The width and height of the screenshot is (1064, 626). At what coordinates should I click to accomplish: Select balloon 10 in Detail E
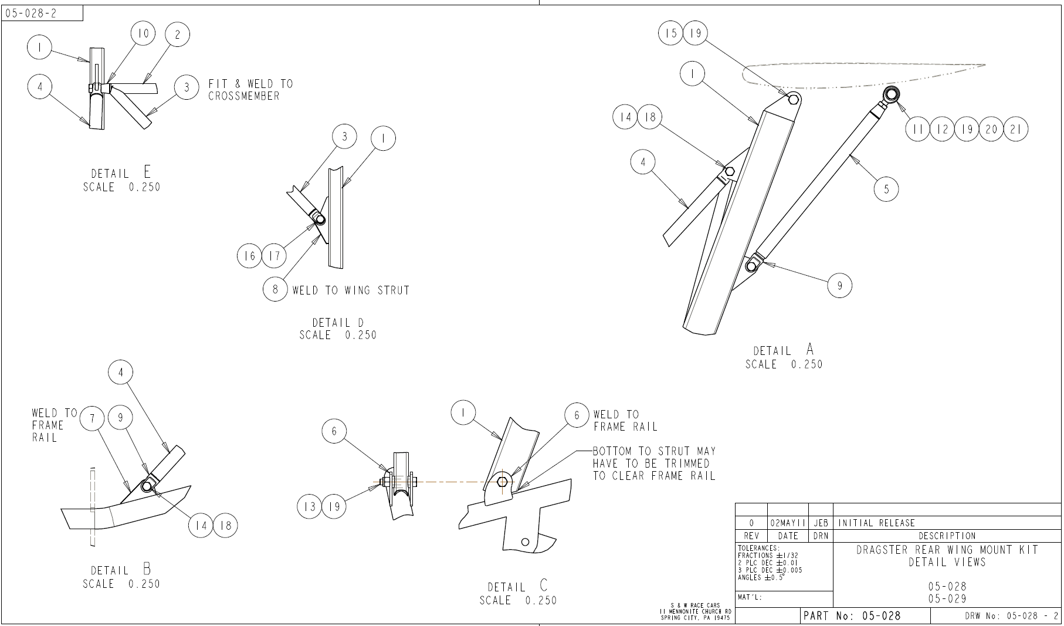143,33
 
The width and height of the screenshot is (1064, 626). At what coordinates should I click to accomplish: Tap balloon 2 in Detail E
178,35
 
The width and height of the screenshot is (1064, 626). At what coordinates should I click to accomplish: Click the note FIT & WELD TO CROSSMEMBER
250,90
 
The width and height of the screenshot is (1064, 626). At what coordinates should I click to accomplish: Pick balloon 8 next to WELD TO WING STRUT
275,289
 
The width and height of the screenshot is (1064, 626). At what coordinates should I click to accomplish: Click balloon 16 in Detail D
250,256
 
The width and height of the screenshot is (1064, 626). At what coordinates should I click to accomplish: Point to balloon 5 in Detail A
886,189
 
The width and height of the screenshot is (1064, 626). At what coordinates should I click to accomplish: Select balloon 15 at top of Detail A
670,33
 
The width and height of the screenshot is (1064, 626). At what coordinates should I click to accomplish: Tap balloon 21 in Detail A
1016,129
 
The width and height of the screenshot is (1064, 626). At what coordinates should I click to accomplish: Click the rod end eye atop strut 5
891,94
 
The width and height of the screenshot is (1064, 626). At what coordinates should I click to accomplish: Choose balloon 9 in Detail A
839,286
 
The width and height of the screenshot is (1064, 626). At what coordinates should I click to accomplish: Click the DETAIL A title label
784,350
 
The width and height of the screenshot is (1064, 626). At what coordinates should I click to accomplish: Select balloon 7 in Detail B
92,418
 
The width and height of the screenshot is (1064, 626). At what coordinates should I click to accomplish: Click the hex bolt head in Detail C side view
502,482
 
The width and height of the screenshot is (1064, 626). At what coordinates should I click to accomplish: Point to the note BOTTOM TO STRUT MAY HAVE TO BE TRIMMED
654,463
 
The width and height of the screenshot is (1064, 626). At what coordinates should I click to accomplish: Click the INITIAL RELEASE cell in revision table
877,523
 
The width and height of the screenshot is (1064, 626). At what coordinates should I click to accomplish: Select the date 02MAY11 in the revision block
788,523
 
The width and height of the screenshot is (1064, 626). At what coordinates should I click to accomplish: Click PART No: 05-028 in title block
852,615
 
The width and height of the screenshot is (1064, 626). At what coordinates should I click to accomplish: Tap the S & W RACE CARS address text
695,611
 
